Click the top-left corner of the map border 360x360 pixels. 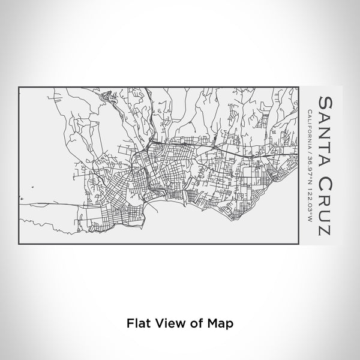click(x=20, y=88)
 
